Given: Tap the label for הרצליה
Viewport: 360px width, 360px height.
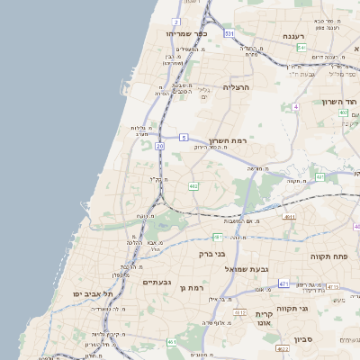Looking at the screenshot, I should [235, 88].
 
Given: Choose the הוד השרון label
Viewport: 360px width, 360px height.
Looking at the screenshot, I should [340, 102].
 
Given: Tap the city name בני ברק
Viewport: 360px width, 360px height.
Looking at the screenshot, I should [212, 254].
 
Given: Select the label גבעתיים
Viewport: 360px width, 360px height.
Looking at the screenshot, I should [157, 282].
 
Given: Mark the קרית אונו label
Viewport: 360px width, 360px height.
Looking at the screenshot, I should [264, 319].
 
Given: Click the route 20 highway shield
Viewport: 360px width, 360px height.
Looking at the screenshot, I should [159, 145].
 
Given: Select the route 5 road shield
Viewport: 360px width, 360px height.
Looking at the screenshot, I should [183, 138].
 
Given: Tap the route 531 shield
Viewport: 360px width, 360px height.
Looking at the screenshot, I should [229, 33].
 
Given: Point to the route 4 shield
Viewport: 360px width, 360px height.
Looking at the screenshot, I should [294, 106].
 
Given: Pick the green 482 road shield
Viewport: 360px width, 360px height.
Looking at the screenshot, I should [193, 186].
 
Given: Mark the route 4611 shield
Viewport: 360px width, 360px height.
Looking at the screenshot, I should [289, 217].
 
